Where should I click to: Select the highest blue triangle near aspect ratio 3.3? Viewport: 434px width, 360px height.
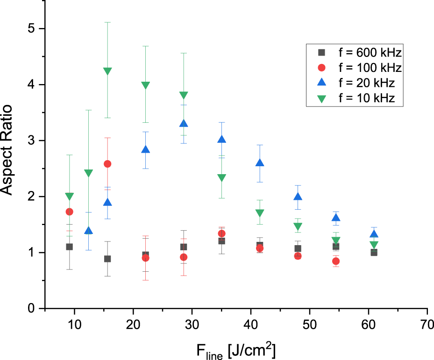(184, 124)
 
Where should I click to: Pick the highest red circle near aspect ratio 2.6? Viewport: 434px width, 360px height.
(107, 164)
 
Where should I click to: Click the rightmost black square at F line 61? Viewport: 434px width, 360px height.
(374, 253)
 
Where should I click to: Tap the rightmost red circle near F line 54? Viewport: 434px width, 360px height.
(336, 261)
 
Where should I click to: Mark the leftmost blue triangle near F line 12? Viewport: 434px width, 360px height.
(88, 231)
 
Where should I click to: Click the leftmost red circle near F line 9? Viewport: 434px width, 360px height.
(70, 212)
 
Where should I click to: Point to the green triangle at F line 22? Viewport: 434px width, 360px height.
(145, 85)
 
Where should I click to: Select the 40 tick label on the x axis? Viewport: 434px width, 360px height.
(251, 324)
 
